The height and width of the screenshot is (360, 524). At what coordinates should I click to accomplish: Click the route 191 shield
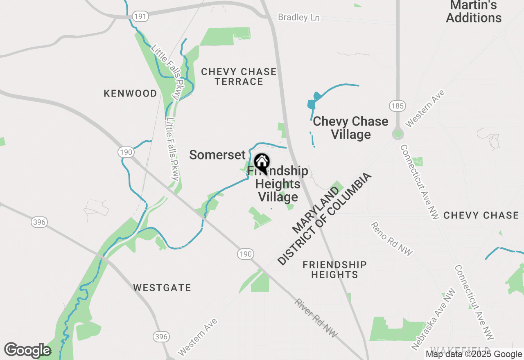(140, 16)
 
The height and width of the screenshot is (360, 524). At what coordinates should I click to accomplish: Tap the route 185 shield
(397, 106)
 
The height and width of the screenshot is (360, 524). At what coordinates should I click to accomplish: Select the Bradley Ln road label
(298, 18)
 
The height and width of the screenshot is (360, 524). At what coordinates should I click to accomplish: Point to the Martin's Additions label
(474, 11)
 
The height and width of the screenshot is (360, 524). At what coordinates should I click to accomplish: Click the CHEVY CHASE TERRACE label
(239, 76)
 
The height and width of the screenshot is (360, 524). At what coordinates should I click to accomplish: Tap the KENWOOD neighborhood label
(130, 93)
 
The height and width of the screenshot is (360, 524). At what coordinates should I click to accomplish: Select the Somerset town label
(217, 155)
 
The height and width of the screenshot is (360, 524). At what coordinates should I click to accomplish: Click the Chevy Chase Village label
(350, 128)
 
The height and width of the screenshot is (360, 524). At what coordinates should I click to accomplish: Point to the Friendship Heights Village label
(278, 184)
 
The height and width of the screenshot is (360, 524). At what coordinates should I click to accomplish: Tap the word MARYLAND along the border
(316, 209)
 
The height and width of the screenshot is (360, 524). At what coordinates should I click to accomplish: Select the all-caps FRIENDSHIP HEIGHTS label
(334, 270)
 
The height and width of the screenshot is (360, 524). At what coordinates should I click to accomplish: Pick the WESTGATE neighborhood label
(162, 288)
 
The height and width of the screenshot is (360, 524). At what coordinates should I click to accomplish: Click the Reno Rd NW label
(391, 239)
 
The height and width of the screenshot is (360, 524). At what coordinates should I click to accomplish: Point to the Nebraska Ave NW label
(434, 319)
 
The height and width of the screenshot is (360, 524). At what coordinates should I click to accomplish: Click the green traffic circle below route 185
(398, 134)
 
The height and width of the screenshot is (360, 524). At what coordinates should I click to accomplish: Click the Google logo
(28, 350)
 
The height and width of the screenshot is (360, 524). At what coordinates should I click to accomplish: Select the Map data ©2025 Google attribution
(474, 354)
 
